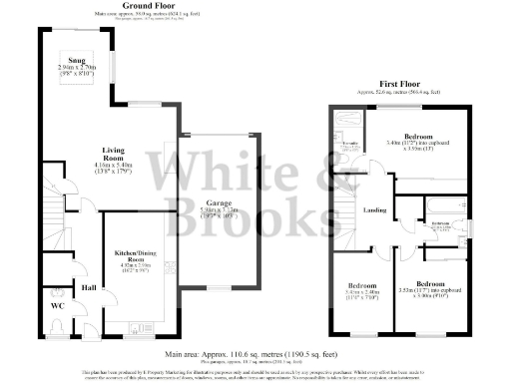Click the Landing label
click(374, 209)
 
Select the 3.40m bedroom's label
click(419, 136)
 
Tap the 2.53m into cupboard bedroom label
click(429, 283)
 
